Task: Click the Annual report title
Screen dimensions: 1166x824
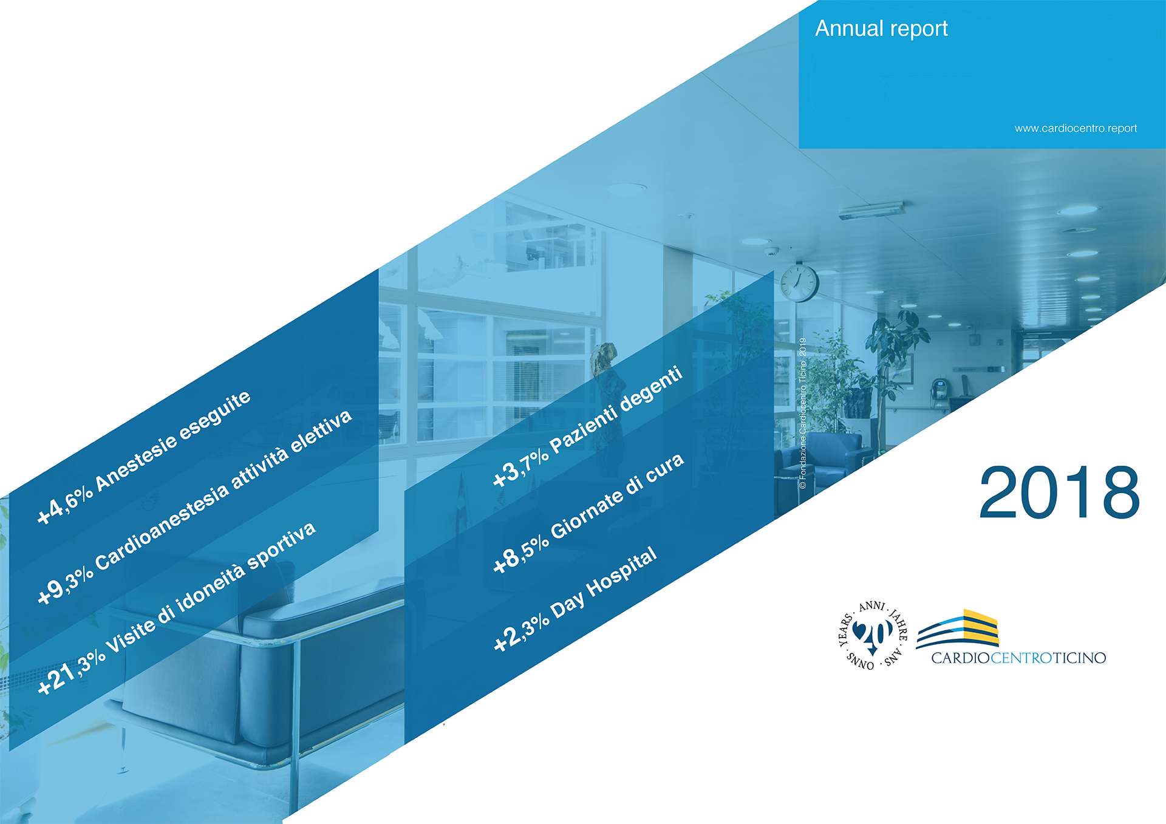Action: tap(881, 29)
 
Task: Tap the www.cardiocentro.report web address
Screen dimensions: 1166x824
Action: tap(1076, 128)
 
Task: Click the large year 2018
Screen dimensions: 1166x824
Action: tap(1059, 492)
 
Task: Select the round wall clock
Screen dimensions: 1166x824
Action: tap(799, 282)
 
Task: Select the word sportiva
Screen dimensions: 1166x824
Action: tap(282, 545)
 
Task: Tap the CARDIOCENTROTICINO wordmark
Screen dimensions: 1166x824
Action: tap(1018, 658)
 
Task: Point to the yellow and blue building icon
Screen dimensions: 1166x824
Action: tap(957, 628)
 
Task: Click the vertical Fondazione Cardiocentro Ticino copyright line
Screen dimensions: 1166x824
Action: tap(802, 414)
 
